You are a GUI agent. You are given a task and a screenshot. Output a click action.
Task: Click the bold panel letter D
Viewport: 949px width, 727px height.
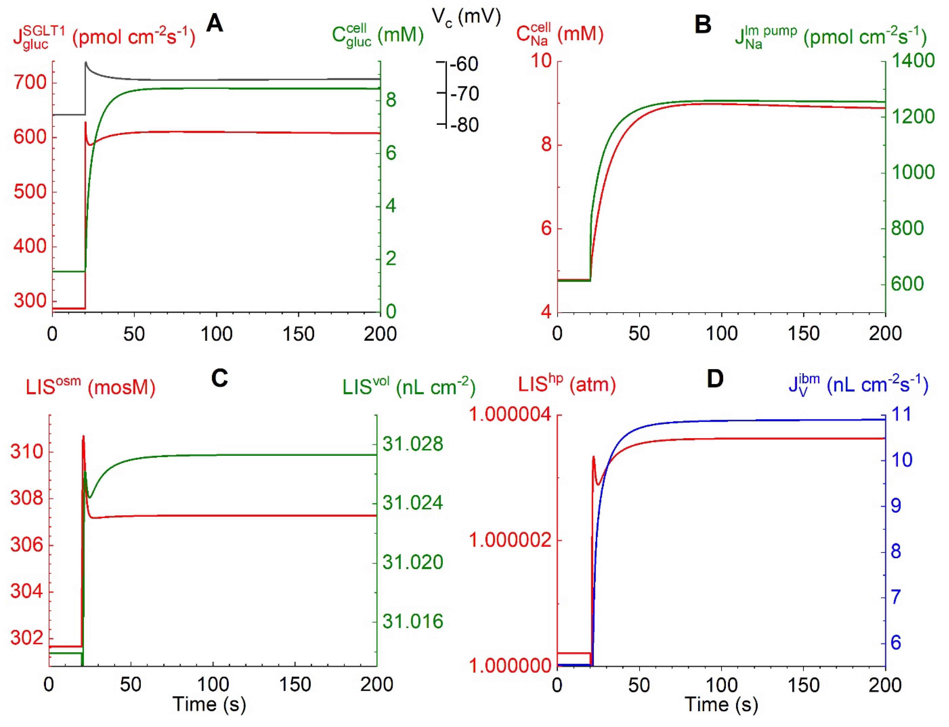click(715, 379)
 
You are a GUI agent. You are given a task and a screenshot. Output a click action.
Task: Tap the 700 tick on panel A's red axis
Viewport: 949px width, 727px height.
click(30, 82)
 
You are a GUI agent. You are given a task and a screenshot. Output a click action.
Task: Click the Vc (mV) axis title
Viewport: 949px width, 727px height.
click(467, 17)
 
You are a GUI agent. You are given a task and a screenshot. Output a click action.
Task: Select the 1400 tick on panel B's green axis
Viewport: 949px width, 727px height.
click(913, 61)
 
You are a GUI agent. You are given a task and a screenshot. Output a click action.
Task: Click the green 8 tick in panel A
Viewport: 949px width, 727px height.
click(391, 100)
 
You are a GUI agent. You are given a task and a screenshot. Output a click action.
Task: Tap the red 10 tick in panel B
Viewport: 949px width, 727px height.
click(541, 61)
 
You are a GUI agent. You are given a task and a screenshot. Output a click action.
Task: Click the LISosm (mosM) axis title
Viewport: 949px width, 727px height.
click(90, 386)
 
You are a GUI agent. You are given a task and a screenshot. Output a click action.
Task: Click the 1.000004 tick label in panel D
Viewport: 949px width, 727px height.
click(511, 415)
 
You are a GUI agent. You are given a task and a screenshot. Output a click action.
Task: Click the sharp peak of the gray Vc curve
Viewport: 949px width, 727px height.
click(86, 62)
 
